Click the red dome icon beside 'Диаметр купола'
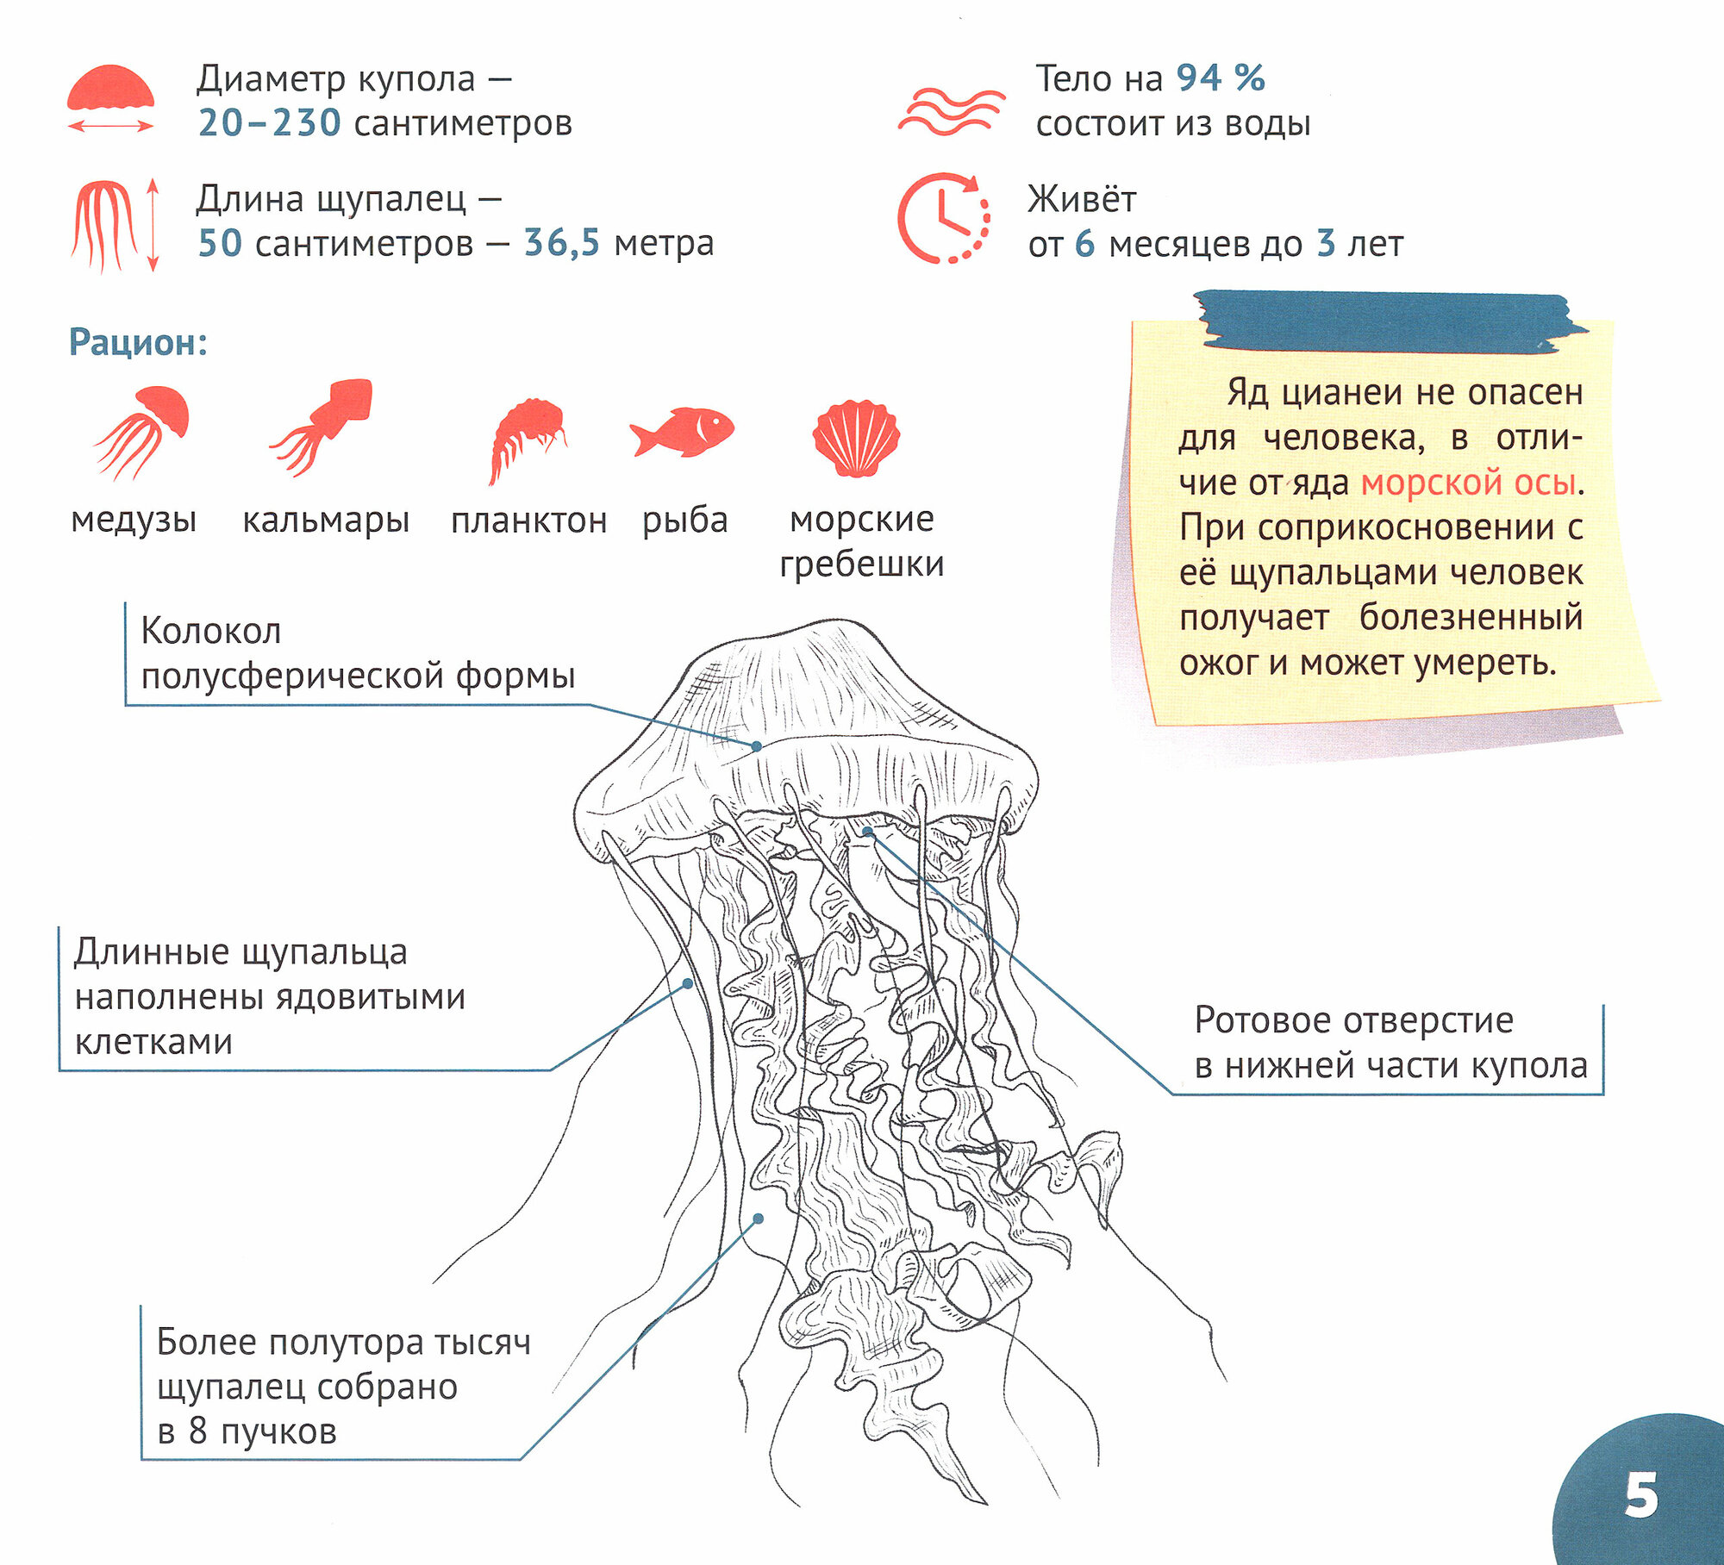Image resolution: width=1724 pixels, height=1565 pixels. coord(110,90)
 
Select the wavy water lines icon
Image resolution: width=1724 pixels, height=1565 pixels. coord(950,111)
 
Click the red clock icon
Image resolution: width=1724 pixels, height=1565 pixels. coord(943,219)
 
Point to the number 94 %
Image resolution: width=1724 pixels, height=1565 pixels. coord(1221,78)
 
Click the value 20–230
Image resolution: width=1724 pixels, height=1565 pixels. coord(269,123)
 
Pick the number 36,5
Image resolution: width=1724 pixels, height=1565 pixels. coord(561,243)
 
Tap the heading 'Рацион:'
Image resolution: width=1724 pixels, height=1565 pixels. coord(138,342)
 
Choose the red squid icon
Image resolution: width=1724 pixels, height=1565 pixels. coord(324,426)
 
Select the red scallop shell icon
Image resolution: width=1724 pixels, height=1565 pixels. coord(856,437)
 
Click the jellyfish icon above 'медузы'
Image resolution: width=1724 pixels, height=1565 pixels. coord(142,430)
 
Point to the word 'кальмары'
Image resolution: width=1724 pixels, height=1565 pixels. coord(325,521)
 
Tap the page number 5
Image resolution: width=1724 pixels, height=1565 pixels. coord(1640,1496)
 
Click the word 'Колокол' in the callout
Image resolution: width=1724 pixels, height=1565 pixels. coord(210,631)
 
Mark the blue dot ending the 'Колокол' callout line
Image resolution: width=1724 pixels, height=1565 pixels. coord(756,746)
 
